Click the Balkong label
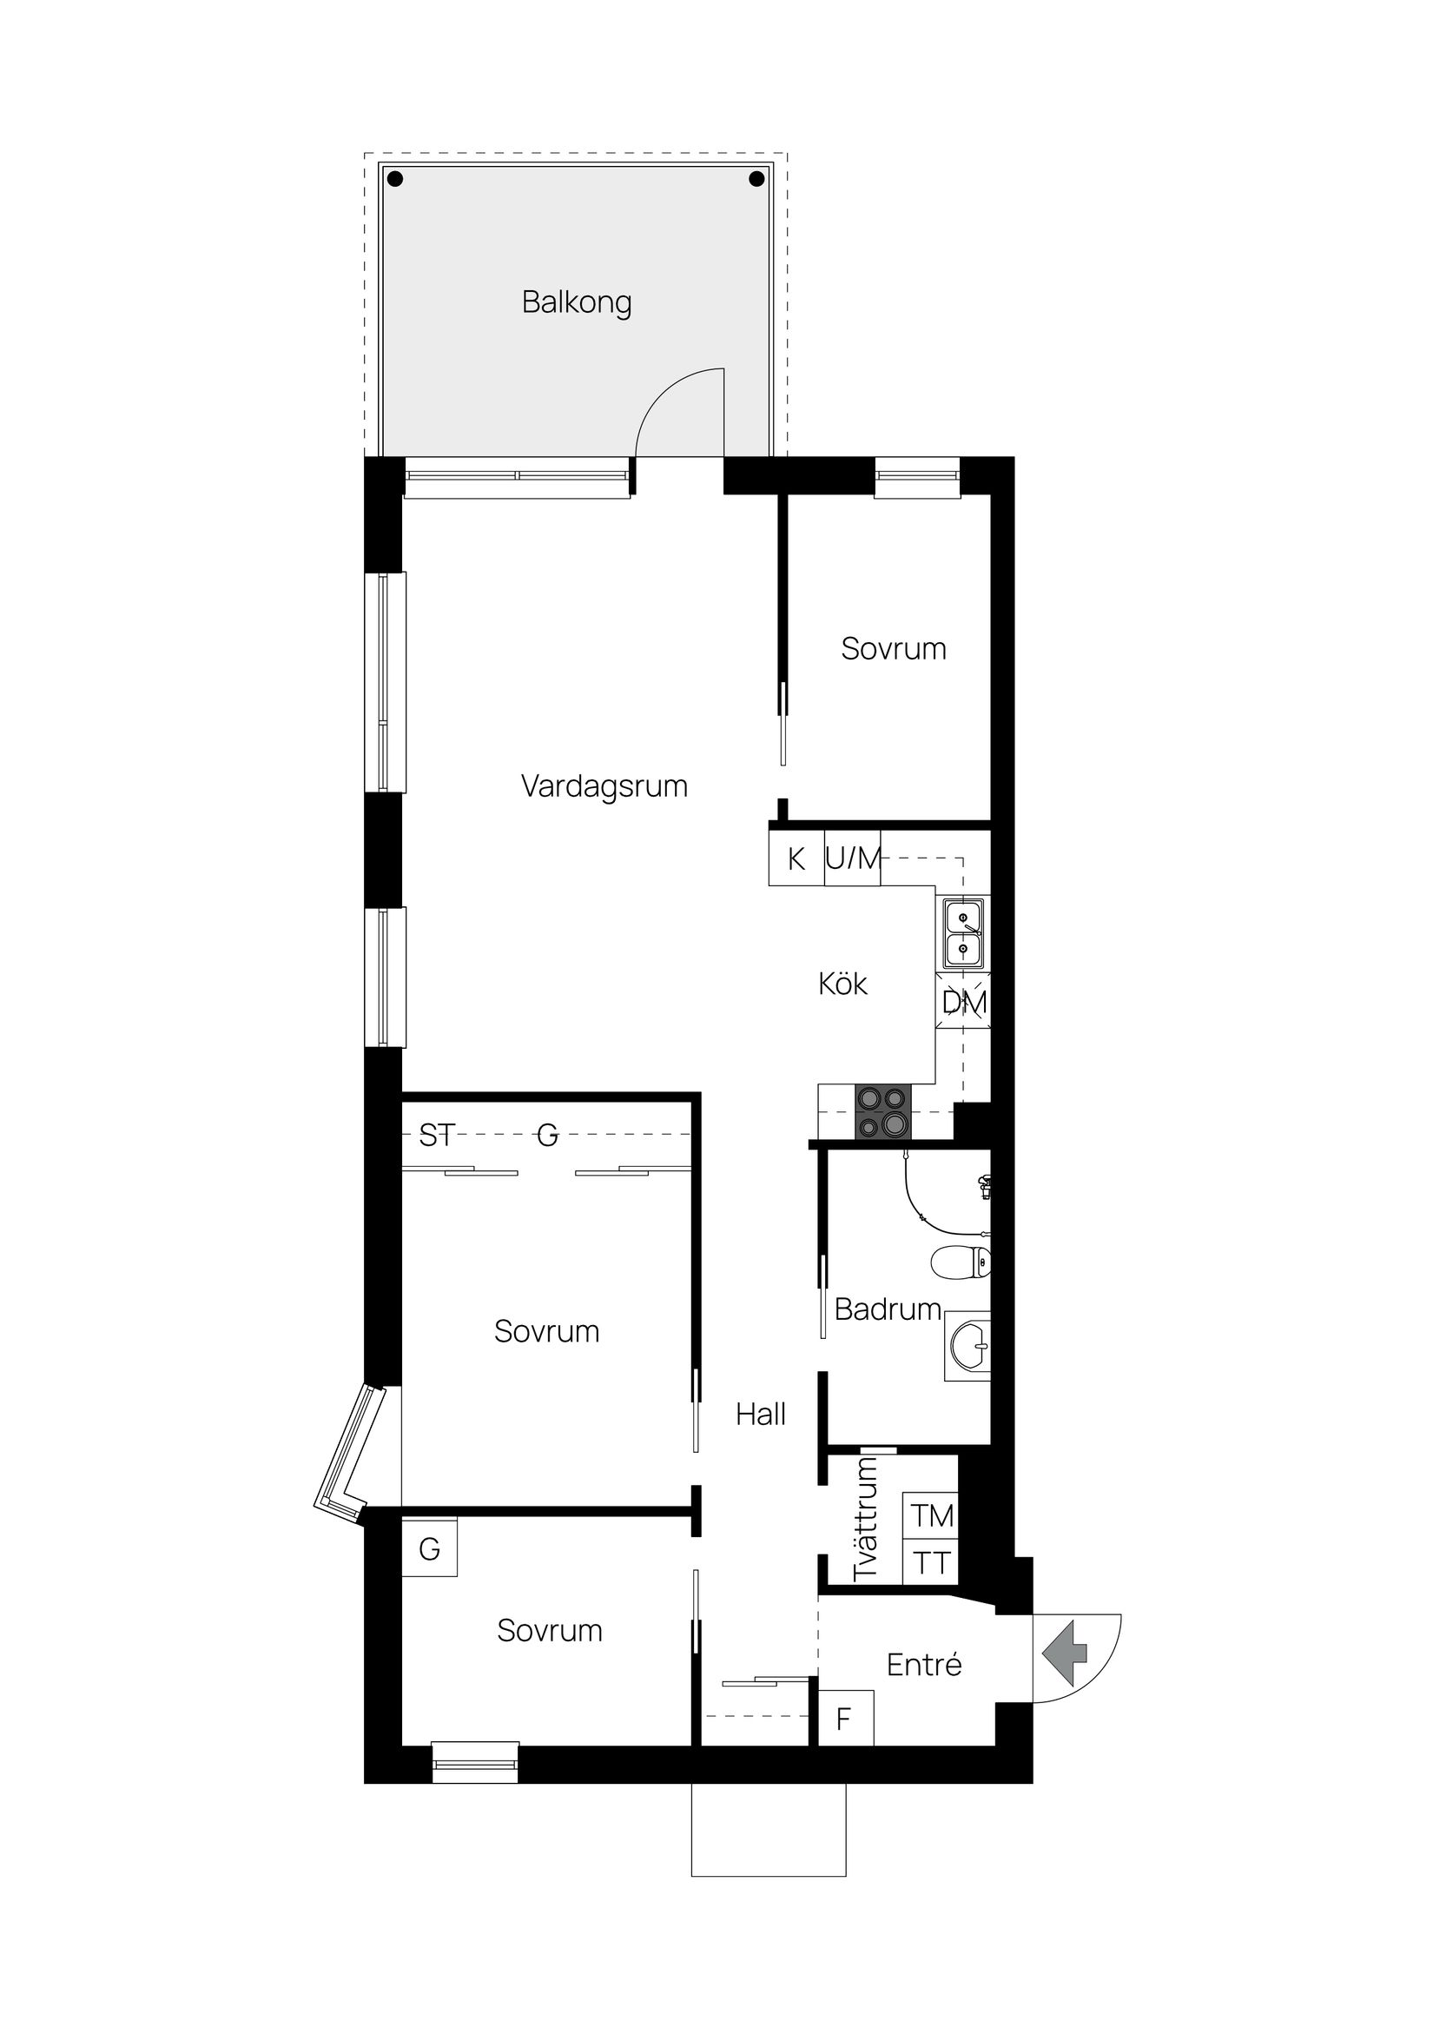577,302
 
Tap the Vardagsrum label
604,786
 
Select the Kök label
842,984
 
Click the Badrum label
887,1309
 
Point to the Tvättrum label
866,1517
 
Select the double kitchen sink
963,932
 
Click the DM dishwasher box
963,1002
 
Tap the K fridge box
796,858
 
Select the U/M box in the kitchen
853,858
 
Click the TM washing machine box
932,1515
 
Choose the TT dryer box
932,1563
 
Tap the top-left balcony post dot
395,179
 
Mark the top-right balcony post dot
756,179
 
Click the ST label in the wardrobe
436,1135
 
